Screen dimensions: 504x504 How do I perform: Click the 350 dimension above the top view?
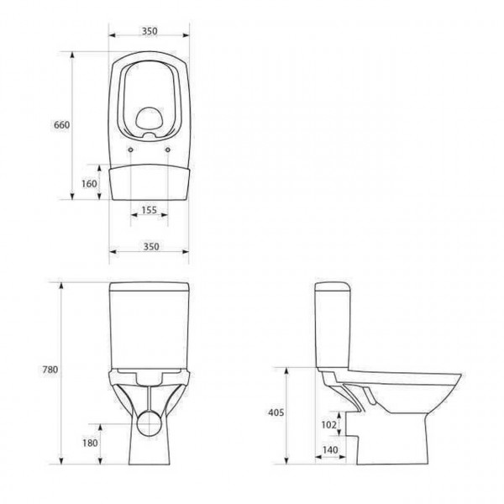point(149,30)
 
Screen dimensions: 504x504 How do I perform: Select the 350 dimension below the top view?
point(149,246)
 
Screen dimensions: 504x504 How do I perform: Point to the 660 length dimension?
point(61,125)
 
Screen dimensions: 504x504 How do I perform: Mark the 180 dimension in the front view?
point(91,444)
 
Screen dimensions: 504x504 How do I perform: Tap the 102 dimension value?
point(328,425)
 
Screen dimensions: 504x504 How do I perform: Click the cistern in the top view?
point(149,182)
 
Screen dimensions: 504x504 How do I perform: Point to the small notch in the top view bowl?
point(150,133)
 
